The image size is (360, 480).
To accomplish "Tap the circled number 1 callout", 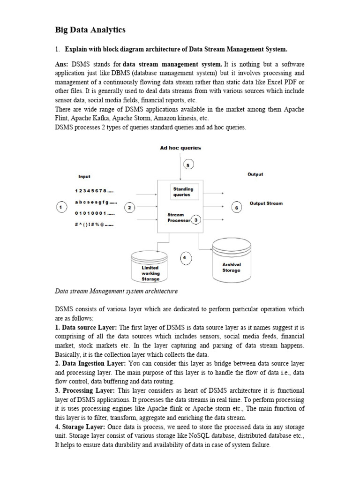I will pyautogui.click(x=60, y=207).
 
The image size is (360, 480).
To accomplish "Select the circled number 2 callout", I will pyautogui.click(x=129, y=207).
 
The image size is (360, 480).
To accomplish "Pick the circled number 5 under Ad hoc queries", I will pyautogui.click(x=187, y=165).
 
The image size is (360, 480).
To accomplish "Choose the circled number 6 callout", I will pyautogui.click(x=237, y=208).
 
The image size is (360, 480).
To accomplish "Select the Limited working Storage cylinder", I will pyautogui.click(x=150, y=267).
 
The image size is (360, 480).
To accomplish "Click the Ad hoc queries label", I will pyautogui.click(x=180, y=148).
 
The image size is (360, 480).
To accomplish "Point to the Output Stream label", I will pyautogui.click(x=266, y=203).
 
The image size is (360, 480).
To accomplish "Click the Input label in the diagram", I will pyautogui.click(x=84, y=177).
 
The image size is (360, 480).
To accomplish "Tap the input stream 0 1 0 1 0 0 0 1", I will pyautogui.click(x=94, y=213).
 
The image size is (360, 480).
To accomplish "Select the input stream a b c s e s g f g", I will pyautogui.click(x=96, y=202).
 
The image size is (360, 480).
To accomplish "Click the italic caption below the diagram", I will pyautogui.click(x=116, y=291).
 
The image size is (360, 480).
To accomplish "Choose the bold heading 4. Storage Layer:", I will pyautogui.click(x=80, y=427).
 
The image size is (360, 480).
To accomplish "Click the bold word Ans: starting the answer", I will pyautogui.click(x=62, y=63).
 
